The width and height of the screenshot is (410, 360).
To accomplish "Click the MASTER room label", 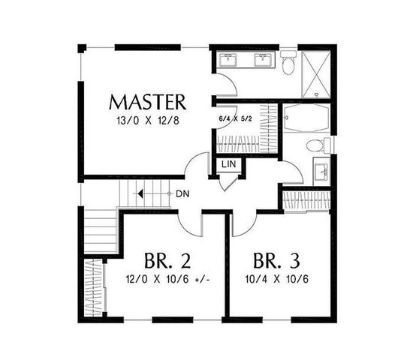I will (x=147, y=100).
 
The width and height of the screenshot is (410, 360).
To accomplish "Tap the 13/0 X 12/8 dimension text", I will (x=147, y=119).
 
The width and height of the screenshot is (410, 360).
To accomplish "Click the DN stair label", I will (x=182, y=193).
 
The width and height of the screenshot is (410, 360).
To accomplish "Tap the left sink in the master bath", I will (x=228, y=61).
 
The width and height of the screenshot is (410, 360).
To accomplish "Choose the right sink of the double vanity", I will (x=264, y=61).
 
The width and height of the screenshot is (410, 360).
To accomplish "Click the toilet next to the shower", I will (x=289, y=65).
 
